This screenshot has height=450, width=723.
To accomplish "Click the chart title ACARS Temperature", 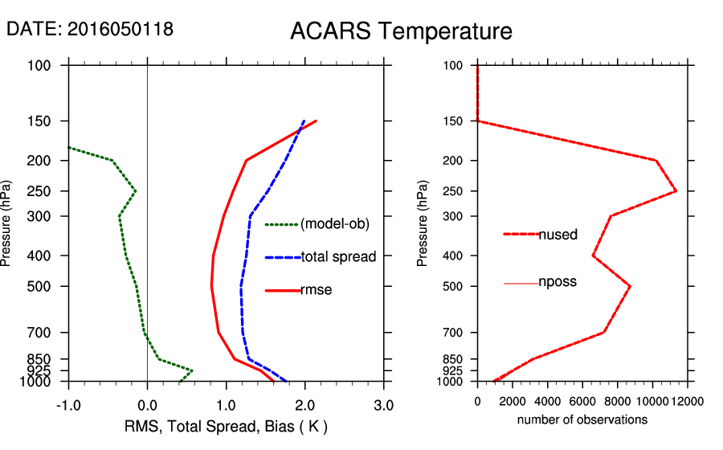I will click(x=401, y=32).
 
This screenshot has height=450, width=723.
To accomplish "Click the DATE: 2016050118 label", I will click(x=90, y=29).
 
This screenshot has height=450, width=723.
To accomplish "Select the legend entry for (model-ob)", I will click(x=334, y=224).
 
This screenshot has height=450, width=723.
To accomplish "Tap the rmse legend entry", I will click(x=316, y=290).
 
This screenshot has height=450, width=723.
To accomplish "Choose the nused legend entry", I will click(x=558, y=234).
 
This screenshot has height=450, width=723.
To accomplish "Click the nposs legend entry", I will click(x=558, y=283).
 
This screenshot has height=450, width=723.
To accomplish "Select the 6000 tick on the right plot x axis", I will click(x=582, y=399).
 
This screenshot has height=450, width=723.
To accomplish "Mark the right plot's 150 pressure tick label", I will click(x=454, y=121).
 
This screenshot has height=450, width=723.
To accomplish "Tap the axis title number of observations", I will click(x=582, y=419).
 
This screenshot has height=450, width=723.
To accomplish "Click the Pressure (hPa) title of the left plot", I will click(x=8, y=223).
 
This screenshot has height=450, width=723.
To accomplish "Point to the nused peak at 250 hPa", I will click(x=676, y=191).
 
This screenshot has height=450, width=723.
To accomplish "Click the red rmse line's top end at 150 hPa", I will click(x=317, y=121).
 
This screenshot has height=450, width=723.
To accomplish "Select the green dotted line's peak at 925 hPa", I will click(x=192, y=370).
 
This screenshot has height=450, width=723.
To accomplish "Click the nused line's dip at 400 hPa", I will click(x=593, y=256).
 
